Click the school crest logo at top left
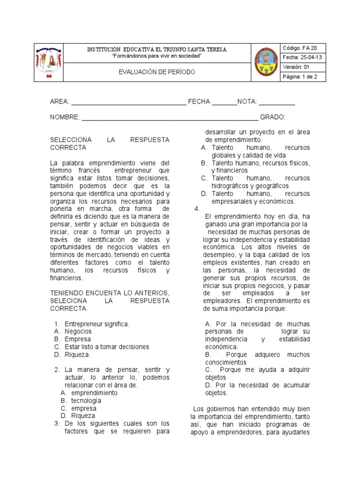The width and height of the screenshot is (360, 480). coord(48,63)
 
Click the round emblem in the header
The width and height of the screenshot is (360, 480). coord(266,63)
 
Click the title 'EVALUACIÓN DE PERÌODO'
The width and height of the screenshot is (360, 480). coord(157,72)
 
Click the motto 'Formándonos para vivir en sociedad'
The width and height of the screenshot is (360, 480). coord(157,56)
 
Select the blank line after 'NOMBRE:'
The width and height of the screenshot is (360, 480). coord(170,117)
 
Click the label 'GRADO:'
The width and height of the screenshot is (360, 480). coord(273,117)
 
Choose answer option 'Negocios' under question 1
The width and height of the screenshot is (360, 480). coord(78,331)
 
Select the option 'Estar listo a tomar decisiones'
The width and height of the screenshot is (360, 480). coord(107,347)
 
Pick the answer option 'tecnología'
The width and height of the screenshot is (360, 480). coord(86,401)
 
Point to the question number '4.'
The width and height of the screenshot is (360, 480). coord(197,209)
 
